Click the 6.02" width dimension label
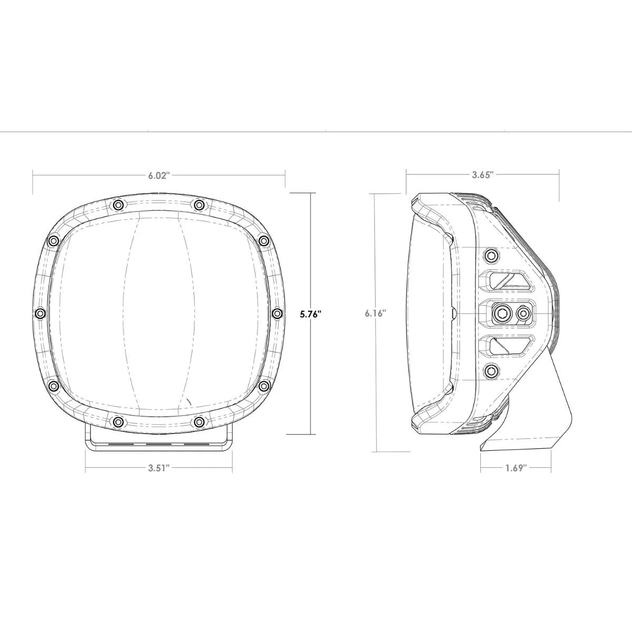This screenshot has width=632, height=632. [158, 176]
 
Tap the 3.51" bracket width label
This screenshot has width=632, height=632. [158, 469]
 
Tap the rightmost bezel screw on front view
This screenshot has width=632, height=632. [277, 313]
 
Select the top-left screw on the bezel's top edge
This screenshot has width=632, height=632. [118, 204]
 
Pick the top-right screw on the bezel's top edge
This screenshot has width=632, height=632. [199, 204]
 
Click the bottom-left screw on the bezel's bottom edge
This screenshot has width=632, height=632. [118, 422]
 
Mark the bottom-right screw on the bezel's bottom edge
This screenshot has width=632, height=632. [199, 422]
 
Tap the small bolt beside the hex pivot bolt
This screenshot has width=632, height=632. [523, 314]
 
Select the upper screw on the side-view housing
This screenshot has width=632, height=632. [491, 256]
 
